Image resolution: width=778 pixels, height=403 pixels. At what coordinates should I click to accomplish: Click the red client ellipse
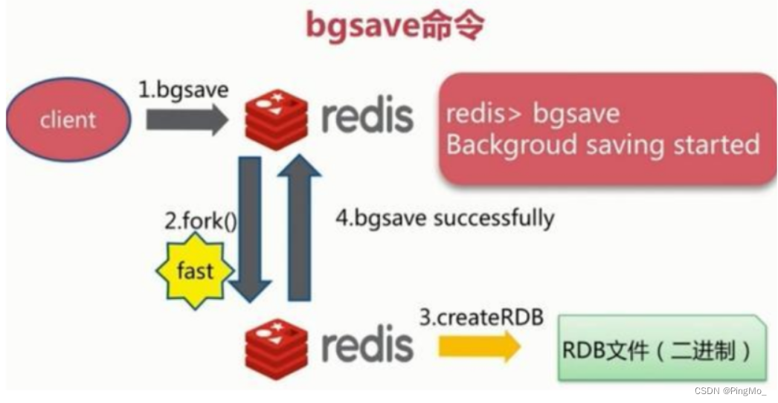[x=68, y=119]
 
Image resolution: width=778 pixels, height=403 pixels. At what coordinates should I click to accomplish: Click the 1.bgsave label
[x=183, y=90]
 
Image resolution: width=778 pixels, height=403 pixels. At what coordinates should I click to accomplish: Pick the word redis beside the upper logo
[x=367, y=117]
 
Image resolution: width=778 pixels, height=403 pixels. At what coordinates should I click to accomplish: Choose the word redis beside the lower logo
[x=367, y=345]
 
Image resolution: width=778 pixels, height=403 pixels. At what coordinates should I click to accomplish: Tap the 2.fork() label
[x=200, y=221]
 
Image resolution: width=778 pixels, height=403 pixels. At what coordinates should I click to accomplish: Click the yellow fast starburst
[x=195, y=271]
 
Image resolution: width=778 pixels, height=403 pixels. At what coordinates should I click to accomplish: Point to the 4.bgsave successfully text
[x=444, y=219]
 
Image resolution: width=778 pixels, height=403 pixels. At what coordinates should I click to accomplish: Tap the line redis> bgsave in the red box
[x=533, y=114]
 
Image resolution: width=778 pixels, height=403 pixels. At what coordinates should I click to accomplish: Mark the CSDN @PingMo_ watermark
[x=730, y=391]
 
